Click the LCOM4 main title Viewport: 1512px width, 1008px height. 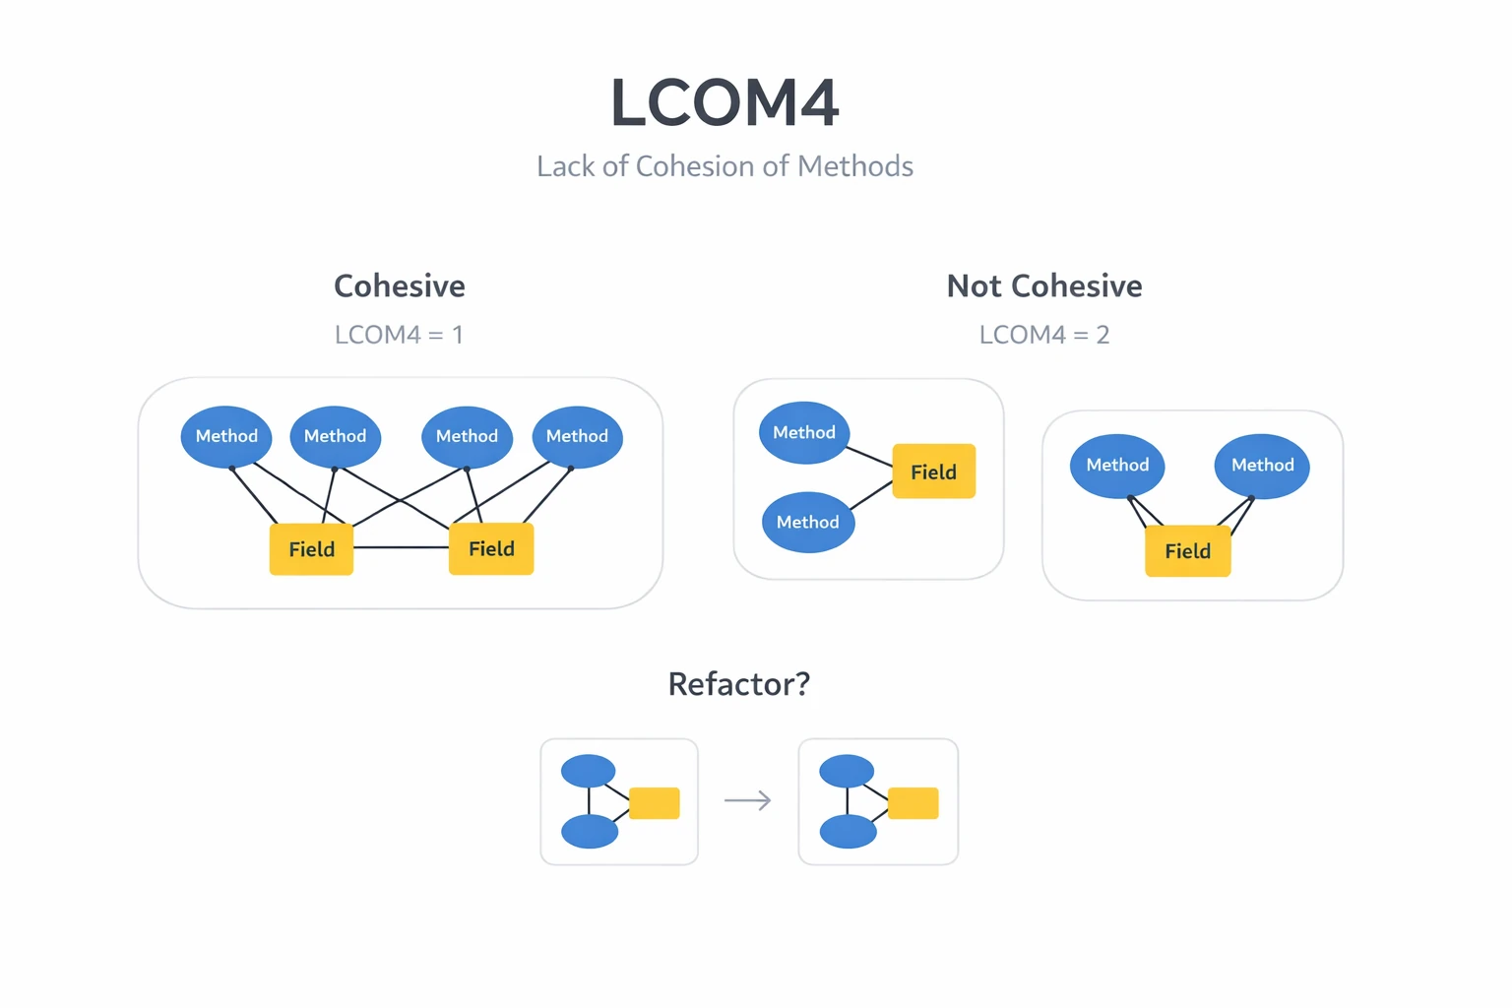click(724, 103)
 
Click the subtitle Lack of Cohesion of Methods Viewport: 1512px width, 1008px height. click(724, 166)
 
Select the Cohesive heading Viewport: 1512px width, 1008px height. click(399, 286)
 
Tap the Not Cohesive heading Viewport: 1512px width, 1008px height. click(1043, 286)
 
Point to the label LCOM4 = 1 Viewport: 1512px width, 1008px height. click(399, 335)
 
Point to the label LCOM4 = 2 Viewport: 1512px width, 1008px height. click(1043, 335)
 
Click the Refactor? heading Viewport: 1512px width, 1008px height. click(738, 684)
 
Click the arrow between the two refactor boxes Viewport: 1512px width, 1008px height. click(748, 801)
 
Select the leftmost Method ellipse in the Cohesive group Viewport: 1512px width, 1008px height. click(226, 436)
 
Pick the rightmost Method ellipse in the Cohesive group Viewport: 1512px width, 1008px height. click(577, 436)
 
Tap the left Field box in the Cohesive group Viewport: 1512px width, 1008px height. click(311, 549)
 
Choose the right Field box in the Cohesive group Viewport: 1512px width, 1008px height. click(491, 548)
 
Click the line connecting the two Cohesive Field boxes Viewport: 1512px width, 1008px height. click(401, 547)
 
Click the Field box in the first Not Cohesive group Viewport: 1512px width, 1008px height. click(933, 472)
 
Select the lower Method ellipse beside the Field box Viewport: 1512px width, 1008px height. click(807, 522)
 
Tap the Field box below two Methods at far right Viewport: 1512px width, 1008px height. click(1187, 551)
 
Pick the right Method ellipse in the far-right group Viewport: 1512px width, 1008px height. click(1262, 466)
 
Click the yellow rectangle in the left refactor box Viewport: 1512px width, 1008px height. click(654, 803)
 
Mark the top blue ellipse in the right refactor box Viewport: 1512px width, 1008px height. click(847, 771)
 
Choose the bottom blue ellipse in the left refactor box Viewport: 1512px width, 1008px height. click(590, 832)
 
